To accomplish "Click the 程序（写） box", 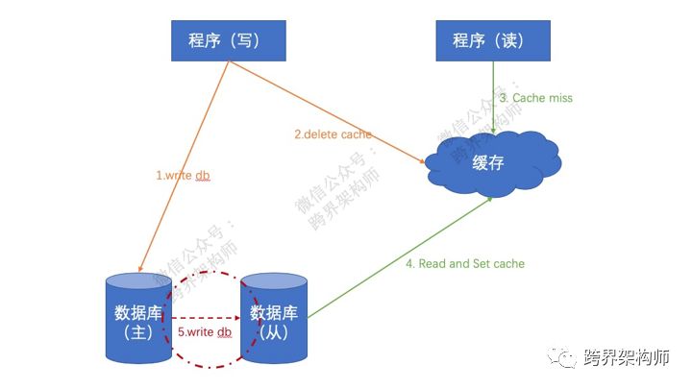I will coord(228,40).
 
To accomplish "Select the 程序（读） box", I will coord(494,40).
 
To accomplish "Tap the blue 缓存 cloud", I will coord(491,162).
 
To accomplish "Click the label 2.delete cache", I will coord(333,134).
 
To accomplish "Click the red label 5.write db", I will coord(205,332).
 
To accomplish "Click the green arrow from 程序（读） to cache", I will coord(494,96).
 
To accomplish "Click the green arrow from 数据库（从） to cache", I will coord(404,254).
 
